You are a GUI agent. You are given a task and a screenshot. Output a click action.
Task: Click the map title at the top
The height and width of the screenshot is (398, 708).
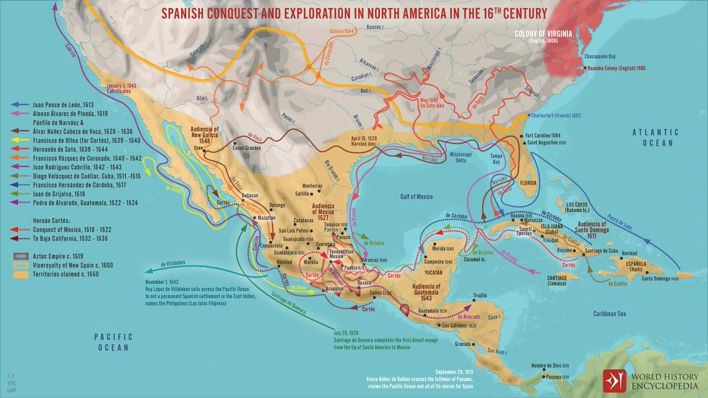coord(353,12)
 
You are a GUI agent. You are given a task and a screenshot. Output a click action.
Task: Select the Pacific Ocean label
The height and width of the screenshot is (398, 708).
coord(113,342)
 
